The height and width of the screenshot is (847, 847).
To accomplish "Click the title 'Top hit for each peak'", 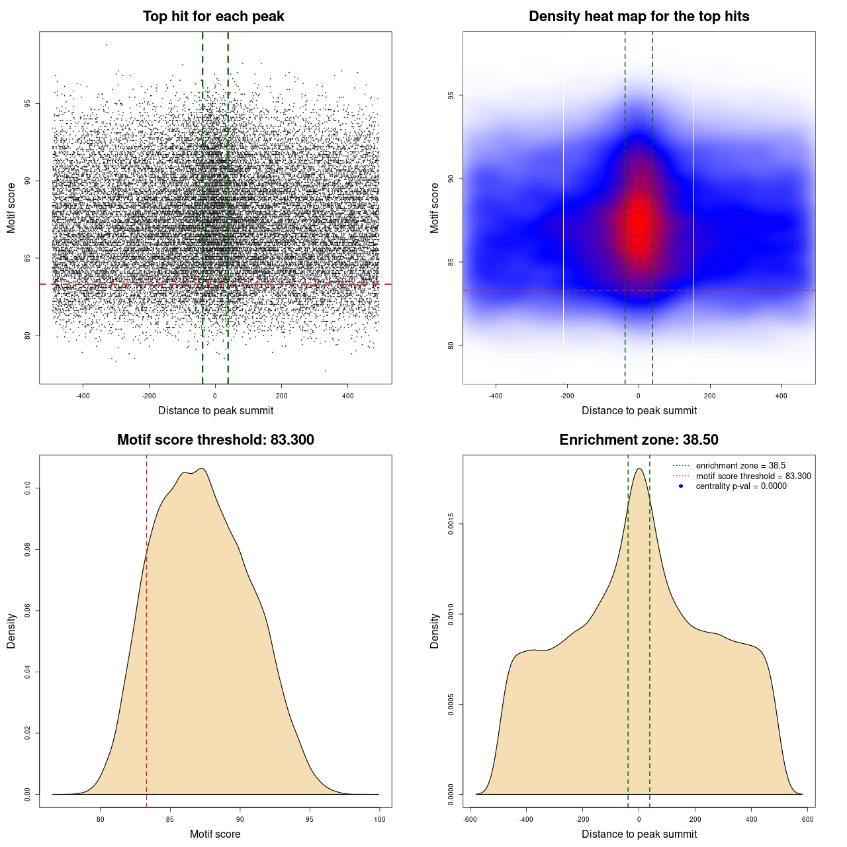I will (213, 17).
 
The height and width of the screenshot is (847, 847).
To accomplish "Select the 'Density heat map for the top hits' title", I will (639, 17).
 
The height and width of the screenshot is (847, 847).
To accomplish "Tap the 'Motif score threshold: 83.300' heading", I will (215, 440).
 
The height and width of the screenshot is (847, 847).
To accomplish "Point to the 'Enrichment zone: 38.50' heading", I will (639, 440).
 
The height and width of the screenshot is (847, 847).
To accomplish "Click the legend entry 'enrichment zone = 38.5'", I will (740, 466).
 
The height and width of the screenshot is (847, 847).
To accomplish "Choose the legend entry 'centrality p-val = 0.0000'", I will (741, 486).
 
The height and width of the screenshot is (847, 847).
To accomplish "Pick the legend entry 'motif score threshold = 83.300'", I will (753, 476).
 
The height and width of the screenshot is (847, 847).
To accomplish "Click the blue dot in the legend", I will (681, 486).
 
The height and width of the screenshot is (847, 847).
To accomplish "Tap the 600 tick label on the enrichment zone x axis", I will (807, 819).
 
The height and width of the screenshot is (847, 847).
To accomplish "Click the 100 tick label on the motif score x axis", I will (379, 819).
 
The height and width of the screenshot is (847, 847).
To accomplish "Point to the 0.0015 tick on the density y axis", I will (451, 524).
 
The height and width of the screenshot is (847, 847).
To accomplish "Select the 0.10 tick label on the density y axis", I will (27, 488).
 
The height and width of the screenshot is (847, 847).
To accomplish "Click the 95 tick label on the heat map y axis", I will (451, 95).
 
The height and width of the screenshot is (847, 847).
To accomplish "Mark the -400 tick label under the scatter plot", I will (83, 396).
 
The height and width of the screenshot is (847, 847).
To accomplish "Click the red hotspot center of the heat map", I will (639, 222).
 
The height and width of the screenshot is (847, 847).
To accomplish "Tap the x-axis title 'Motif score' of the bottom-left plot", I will (215, 834).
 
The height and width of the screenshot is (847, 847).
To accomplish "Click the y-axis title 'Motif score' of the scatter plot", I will (11, 208).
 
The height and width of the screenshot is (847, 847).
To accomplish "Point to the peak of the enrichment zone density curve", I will (639, 468).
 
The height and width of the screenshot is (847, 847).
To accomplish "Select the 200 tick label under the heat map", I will (710, 396).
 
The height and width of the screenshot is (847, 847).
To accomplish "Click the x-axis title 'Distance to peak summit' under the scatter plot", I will (216, 410).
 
